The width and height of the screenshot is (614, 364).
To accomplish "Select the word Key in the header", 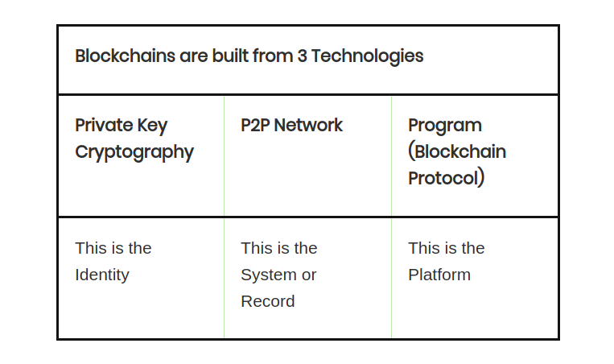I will pos(153,126).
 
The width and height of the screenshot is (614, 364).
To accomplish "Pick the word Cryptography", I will pos(134,152).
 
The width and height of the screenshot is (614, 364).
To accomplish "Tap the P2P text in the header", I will pos(255,126).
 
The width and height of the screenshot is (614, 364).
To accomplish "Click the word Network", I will pos(309,126).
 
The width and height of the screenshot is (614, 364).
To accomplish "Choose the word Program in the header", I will pos(445,126).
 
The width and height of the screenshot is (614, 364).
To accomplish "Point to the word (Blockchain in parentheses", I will pos(457,151).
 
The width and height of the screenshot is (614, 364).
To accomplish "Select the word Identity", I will pos(102,275).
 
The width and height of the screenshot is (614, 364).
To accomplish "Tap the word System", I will pos(269,275).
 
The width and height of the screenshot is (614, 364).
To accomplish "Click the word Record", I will pos(268,301).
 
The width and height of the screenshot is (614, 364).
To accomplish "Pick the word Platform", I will pos(439,275).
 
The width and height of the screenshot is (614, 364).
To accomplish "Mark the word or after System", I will pos(309,275).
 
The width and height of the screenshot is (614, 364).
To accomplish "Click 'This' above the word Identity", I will pos(90,248).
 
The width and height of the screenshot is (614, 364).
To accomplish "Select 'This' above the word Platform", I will pos(423,248).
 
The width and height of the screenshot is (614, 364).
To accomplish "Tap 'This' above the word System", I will pos(256,248).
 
